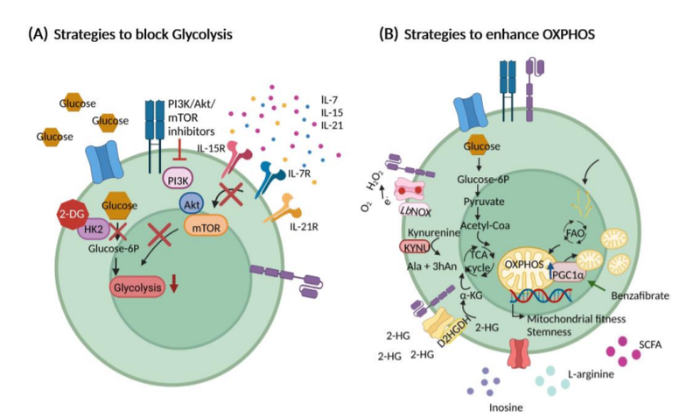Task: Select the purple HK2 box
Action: click(91, 228)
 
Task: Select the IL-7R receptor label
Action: click(301, 176)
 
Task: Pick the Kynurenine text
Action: click(432, 233)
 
